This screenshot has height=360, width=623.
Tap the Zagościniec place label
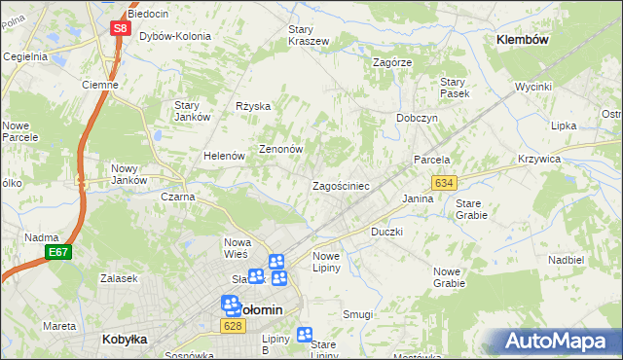pos(340,185)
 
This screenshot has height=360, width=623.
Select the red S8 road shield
pos(119,28)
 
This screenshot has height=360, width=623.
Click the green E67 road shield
pos(57,253)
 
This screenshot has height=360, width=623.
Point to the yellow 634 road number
pos(445,183)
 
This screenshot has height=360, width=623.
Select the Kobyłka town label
pos(124,340)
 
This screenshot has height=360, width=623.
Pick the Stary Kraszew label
pos(308,35)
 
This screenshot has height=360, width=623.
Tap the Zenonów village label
pos(281,150)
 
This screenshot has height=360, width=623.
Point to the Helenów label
pos(223,156)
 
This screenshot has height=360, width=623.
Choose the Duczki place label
pos(386,233)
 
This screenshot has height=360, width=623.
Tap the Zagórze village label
pos(393,61)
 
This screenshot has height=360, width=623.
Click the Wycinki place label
pos(533,87)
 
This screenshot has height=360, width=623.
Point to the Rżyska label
pos(253,106)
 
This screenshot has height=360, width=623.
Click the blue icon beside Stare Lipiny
pos(304,334)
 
